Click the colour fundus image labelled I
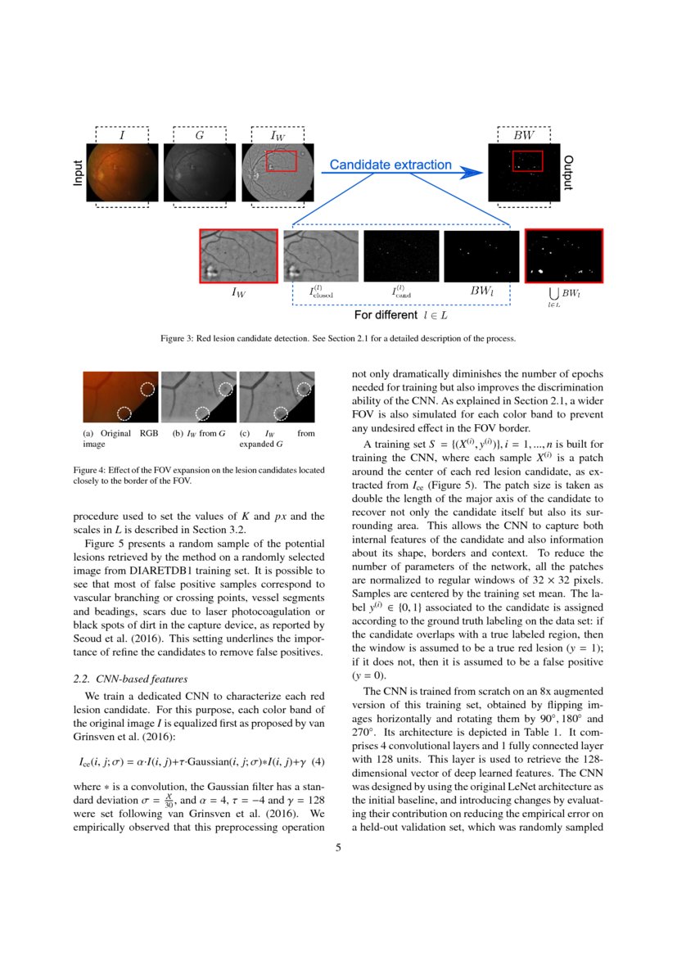[x=121, y=172]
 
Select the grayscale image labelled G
[x=198, y=172]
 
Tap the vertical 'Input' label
[x=79, y=172]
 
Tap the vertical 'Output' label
[x=567, y=172]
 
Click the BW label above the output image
[x=523, y=134]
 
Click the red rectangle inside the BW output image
[x=527, y=161]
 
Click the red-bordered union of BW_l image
[x=563, y=255]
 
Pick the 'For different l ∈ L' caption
[x=400, y=314]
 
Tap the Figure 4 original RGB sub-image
[x=120, y=398]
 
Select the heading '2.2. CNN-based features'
[x=131, y=679]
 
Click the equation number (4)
[x=319, y=762]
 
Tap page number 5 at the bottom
[x=338, y=847]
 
